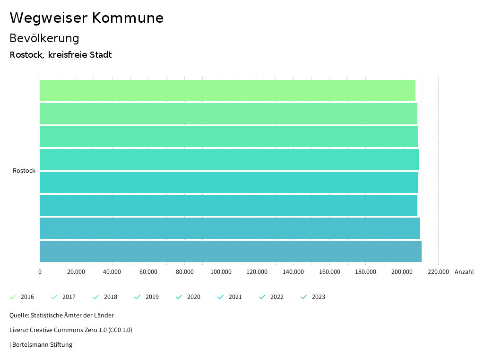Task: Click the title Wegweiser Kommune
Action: [86, 18]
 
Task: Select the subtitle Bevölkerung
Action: [44, 38]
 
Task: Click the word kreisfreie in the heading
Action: [68, 55]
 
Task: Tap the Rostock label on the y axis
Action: [24, 171]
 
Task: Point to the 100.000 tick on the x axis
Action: [221, 272]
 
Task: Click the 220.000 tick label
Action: [438, 272]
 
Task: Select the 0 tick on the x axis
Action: [40, 272]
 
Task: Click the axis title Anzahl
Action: [464, 272]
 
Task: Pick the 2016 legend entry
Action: [22, 297]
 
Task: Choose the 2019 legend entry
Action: [147, 297]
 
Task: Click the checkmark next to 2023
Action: [304, 297]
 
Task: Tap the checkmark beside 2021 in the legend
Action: [220, 297]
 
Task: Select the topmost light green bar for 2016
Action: [227, 90]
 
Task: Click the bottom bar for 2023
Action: [231, 251]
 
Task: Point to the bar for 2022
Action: [230, 228]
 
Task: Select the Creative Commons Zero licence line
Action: [71, 330]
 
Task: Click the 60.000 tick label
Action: [148, 272]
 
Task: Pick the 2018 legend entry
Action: [105, 297]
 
